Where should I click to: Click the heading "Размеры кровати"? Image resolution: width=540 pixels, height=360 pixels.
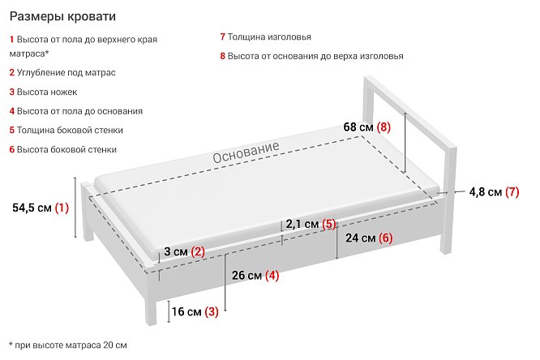pyautogui.click(x=62, y=16)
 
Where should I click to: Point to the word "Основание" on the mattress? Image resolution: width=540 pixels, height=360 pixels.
pyautogui.click(x=246, y=152)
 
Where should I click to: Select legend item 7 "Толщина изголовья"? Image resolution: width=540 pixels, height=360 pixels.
pyautogui.click(x=265, y=36)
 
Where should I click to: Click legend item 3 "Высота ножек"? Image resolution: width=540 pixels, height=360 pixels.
pyautogui.click(x=43, y=92)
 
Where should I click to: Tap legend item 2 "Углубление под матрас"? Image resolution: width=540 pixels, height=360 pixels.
pyautogui.click(x=62, y=73)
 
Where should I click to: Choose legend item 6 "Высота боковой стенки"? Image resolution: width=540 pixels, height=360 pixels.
pyautogui.click(x=63, y=149)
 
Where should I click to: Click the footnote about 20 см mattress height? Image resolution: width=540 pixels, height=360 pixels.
pyautogui.click(x=68, y=345)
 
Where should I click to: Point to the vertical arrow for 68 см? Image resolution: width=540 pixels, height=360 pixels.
pyautogui.click(x=405, y=143)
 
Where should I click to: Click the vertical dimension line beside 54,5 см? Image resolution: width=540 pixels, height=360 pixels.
pyautogui.click(x=75, y=207)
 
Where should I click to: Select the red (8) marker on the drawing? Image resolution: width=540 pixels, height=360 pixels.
pyautogui.click(x=384, y=127)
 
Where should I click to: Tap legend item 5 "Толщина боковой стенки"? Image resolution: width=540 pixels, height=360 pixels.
pyautogui.click(x=66, y=131)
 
